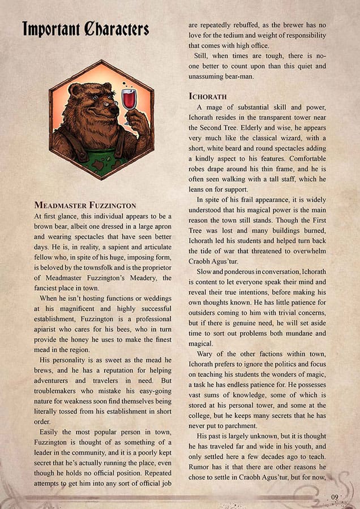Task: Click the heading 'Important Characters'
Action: pos(85,29)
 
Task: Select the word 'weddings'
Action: pos(153,299)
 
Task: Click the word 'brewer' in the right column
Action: pos(301,25)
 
